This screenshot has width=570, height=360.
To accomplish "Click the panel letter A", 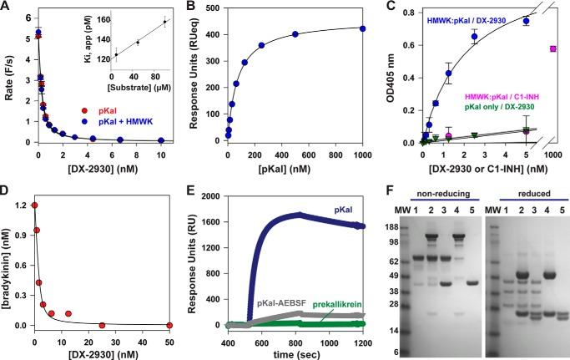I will pyautogui.click(x=7, y=8).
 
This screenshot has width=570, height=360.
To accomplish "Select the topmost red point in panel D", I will pyautogui.click(x=34, y=205).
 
